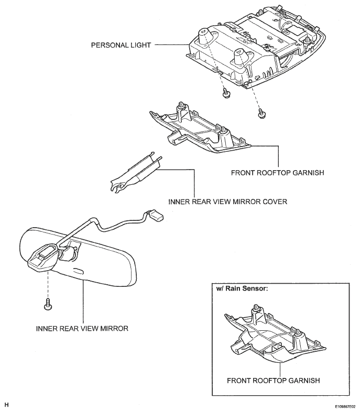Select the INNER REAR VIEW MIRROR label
point(82,329)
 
